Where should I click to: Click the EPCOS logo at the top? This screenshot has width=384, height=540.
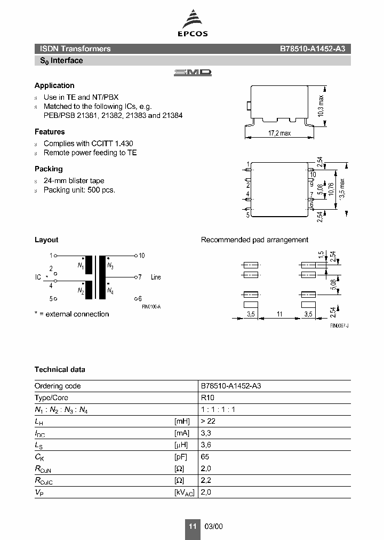pyautogui.click(x=192, y=25)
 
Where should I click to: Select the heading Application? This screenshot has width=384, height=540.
pyautogui.click(x=54, y=85)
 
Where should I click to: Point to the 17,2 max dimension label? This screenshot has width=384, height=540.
pyautogui.click(x=279, y=133)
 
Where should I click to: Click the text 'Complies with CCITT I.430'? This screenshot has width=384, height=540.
pyautogui.click(x=88, y=144)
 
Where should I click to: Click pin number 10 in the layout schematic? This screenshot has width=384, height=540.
pyautogui.click(x=141, y=256)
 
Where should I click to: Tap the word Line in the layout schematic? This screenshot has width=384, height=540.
pyautogui.click(x=156, y=277)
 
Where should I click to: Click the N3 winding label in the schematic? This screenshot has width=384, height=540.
pyautogui.click(x=110, y=265)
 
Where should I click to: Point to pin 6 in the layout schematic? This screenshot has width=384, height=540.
pyautogui.click(x=140, y=299)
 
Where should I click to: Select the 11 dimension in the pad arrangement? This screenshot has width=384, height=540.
pyautogui.click(x=279, y=315)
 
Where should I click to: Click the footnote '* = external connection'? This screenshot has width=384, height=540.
pyautogui.click(x=71, y=314)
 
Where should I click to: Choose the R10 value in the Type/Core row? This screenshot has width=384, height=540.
pyautogui.click(x=206, y=398)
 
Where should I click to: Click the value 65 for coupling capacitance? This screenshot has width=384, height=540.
pyautogui.click(x=205, y=457)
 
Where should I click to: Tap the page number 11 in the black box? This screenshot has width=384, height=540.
pyautogui.click(x=192, y=526)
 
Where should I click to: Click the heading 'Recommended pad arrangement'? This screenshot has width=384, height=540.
pyautogui.click(x=254, y=240)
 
